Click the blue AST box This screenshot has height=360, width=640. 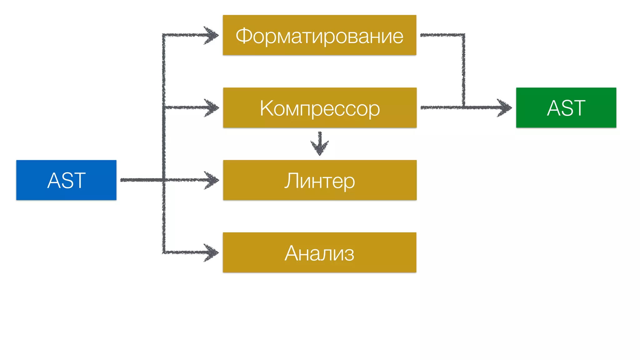coord(66,180)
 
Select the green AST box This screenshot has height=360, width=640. coord(566,107)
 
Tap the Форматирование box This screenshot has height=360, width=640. coord(319,35)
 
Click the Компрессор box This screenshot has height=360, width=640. coord(319,107)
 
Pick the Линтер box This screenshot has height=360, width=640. coord(319,180)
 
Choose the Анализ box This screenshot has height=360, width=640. coord(319,252)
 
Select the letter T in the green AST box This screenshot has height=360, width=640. coord(578,108)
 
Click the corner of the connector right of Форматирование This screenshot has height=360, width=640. coord(463,35)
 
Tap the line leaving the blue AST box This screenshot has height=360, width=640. coord(141,180)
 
